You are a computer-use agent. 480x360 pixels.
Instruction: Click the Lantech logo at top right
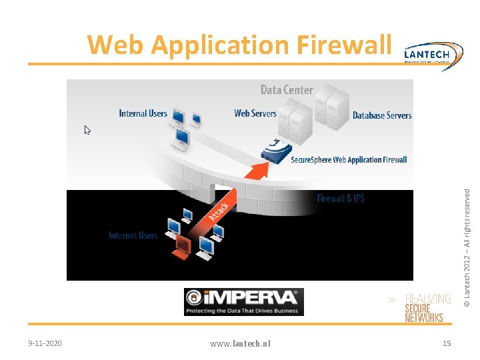pyautogui.click(x=433, y=53)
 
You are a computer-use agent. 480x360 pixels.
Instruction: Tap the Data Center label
pyautogui.click(x=287, y=90)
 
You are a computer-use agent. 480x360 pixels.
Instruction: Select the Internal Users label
pyautogui.click(x=143, y=113)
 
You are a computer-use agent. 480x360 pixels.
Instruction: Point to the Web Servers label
pyautogui.click(x=255, y=113)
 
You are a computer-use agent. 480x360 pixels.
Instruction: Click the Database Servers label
pyautogui.click(x=382, y=115)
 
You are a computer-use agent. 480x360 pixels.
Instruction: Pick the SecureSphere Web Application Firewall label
pyautogui.click(x=349, y=160)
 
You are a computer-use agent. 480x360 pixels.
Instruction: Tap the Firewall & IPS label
pyautogui.click(x=341, y=199)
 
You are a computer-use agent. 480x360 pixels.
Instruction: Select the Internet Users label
pyautogui.click(x=133, y=235)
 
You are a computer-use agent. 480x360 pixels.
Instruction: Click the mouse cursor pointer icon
pyautogui.click(x=87, y=130)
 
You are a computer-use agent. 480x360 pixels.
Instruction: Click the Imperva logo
pyautogui.click(x=243, y=301)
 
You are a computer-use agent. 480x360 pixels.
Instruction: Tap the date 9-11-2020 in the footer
pyautogui.click(x=45, y=343)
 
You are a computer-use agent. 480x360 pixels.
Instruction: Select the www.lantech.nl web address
pyautogui.click(x=240, y=343)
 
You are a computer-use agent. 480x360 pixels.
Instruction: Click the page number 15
pyautogui.click(x=447, y=343)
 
